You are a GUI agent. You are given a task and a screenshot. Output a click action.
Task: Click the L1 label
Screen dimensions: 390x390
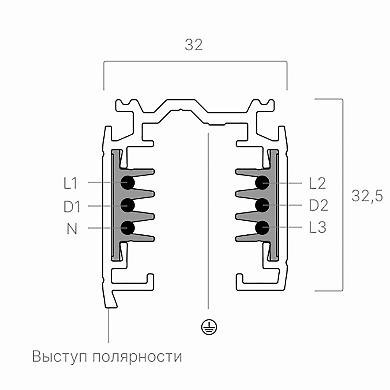tap(70, 183)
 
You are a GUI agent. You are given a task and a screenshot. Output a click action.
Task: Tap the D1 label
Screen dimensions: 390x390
tap(72, 206)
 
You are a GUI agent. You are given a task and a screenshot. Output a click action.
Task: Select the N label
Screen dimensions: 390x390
tap(72, 229)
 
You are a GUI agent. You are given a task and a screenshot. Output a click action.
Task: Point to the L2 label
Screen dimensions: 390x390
tap(317, 183)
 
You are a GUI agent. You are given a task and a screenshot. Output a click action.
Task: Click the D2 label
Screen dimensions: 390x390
tap(319, 205)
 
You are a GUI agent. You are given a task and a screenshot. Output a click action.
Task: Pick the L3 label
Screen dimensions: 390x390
tap(317, 227)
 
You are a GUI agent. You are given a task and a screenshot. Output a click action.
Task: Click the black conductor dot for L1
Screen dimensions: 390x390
tap(128, 183)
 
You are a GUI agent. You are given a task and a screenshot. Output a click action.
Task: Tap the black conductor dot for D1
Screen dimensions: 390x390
tap(128, 205)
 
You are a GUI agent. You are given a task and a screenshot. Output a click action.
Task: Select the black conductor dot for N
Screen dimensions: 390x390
tap(128, 228)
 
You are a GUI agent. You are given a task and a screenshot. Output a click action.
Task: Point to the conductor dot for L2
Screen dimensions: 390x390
tap(262, 183)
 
